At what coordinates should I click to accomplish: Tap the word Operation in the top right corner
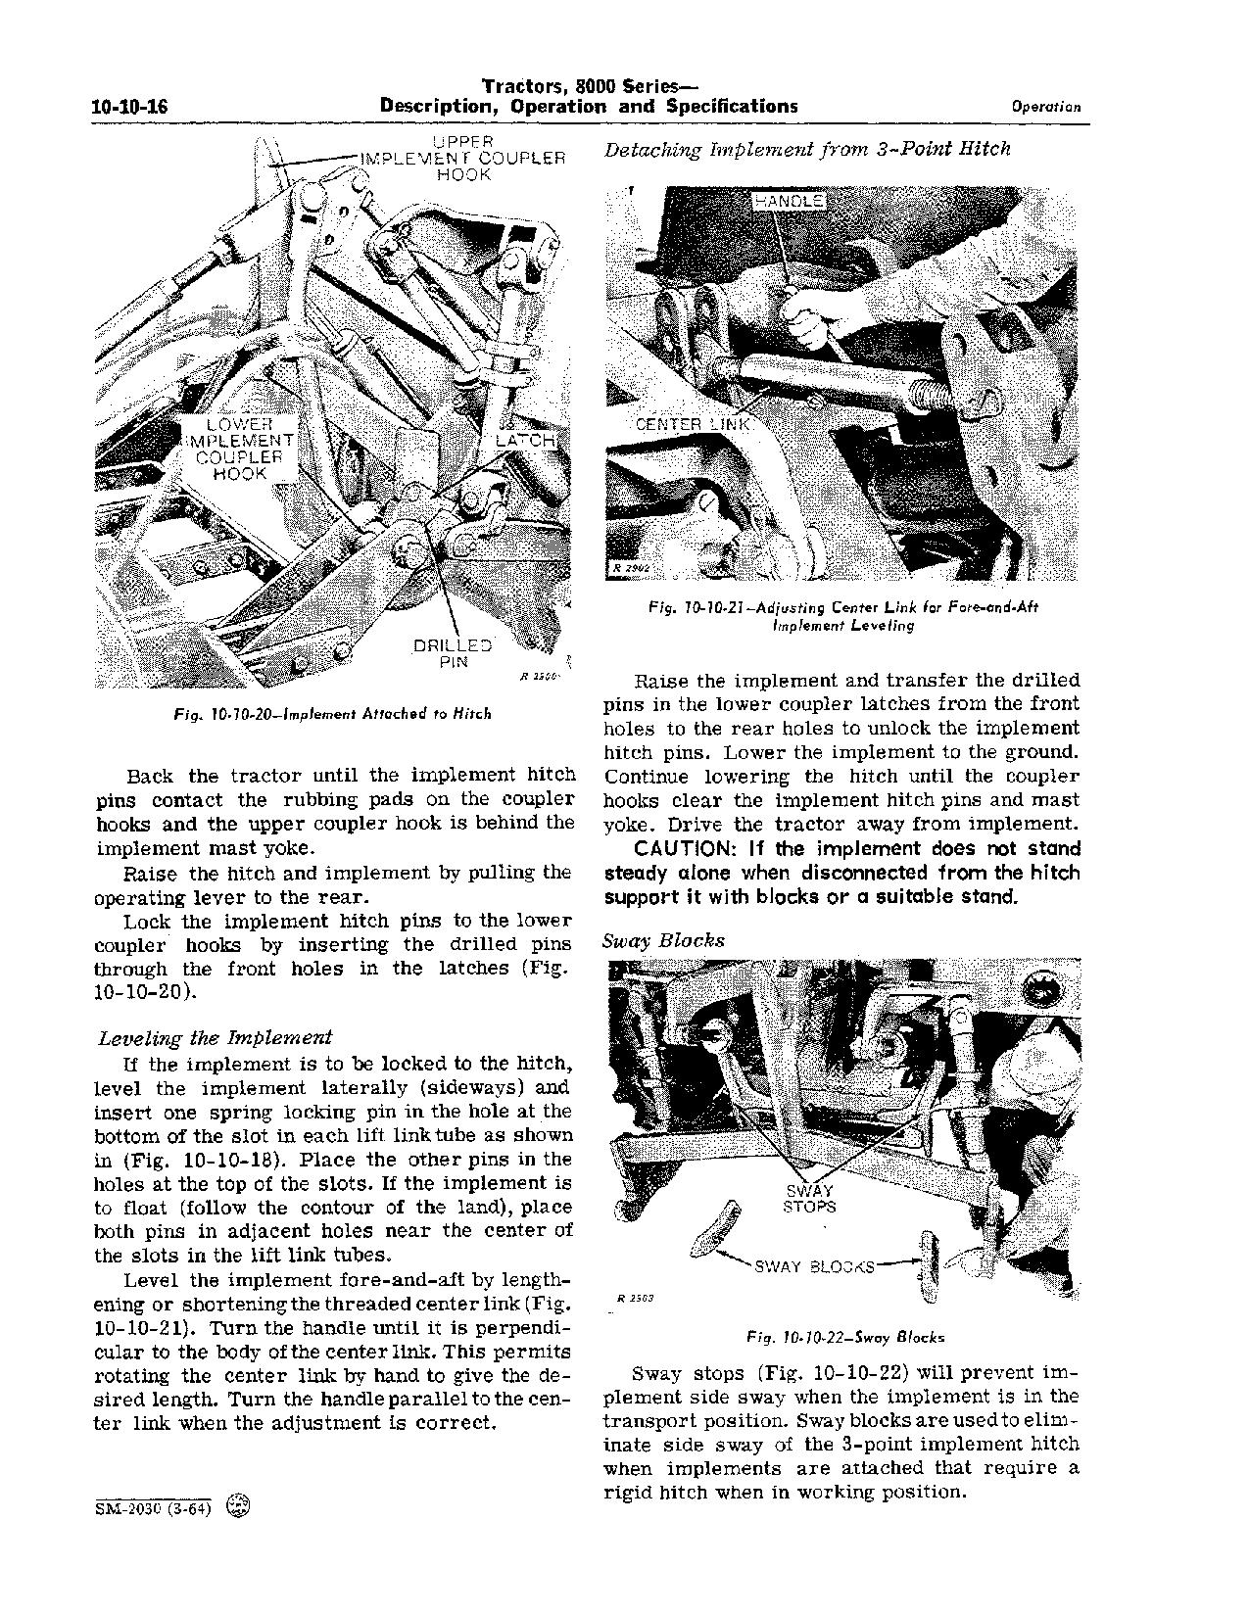1046,108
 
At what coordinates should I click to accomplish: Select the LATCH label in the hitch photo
525,442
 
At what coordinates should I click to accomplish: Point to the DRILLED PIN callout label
453,654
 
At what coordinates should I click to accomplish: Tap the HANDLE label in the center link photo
788,201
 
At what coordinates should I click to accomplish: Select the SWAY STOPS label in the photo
809,1199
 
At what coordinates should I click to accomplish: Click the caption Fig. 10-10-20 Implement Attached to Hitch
331,714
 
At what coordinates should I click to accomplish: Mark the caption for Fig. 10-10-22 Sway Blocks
844,1337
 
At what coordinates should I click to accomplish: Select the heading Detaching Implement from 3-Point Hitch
807,150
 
